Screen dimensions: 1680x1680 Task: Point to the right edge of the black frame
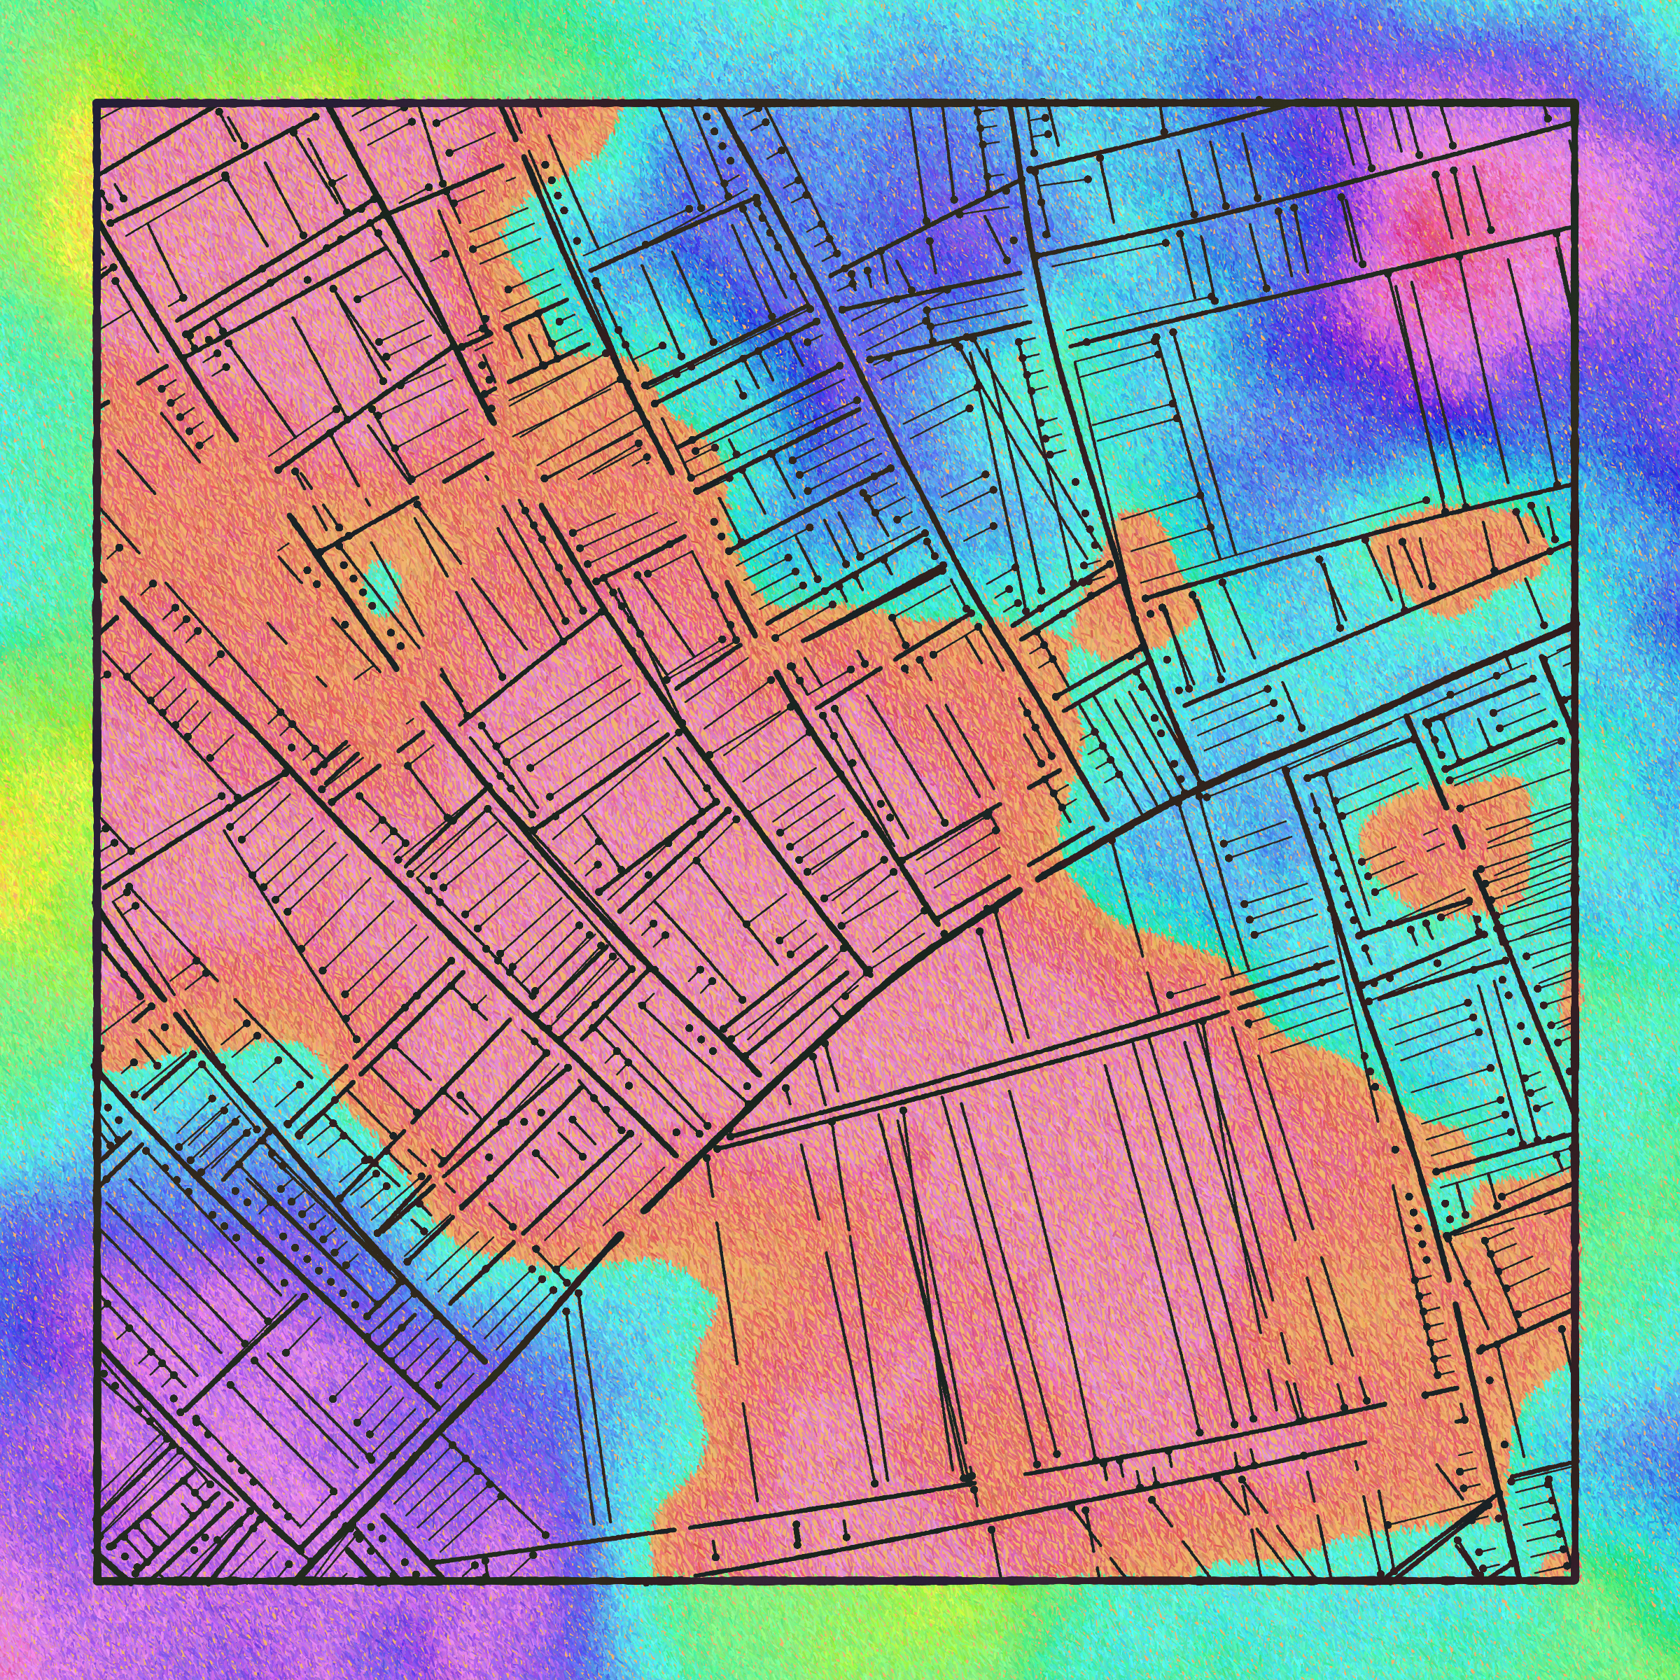coord(1575,835)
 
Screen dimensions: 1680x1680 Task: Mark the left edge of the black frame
coord(97,835)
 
